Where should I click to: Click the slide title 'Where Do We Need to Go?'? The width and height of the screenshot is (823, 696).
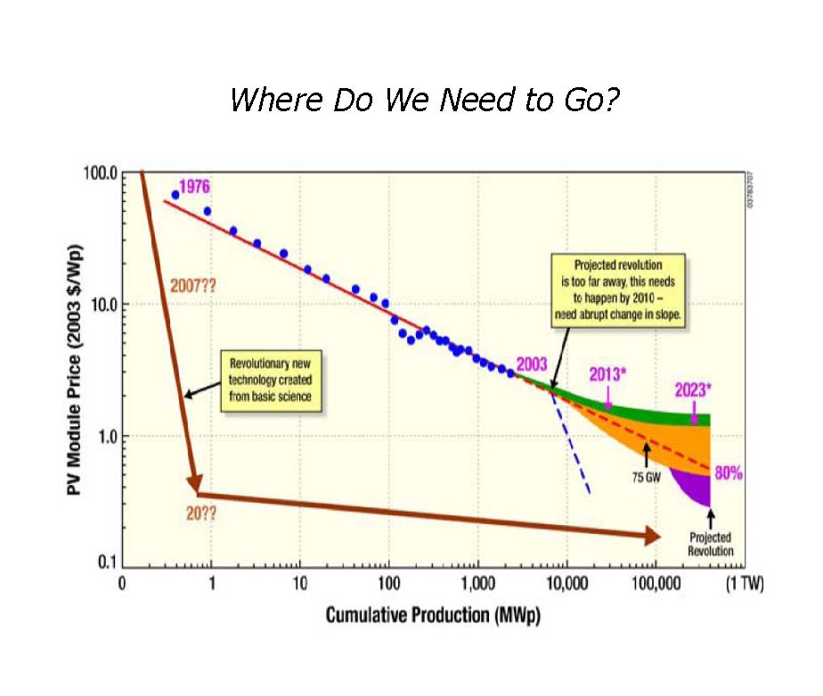tap(424, 100)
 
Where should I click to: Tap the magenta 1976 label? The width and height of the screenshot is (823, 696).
tap(195, 187)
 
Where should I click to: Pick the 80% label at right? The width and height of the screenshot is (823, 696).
tap(729, 473)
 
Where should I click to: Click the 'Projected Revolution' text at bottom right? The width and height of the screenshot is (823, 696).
tap(710, 544)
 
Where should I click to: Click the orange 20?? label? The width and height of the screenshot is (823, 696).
tap(202, 513)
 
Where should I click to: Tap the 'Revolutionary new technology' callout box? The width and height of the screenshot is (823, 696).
tap(272, 381)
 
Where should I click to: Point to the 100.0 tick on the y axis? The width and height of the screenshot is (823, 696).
tap(101, 173)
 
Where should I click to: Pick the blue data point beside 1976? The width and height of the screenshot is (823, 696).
tap(175, 195)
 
